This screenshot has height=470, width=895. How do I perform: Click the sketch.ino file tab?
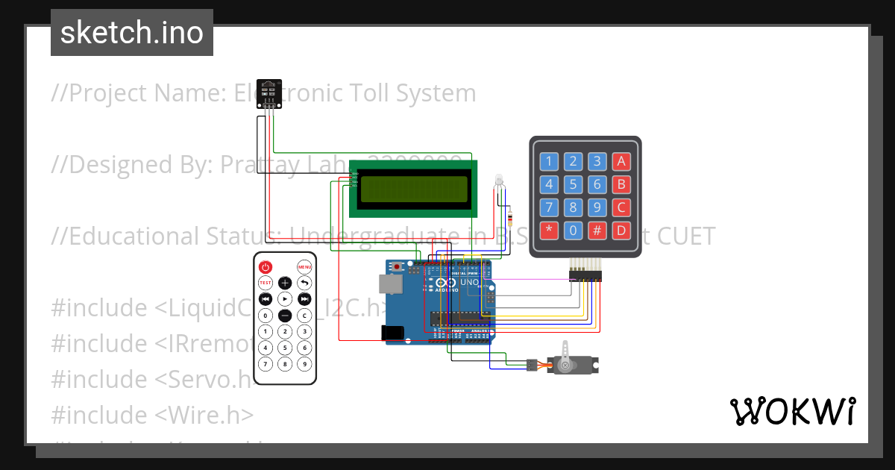point(132,33)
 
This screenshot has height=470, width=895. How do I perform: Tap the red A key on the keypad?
point(621,161)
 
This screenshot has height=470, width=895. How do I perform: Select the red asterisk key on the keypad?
point(549,230)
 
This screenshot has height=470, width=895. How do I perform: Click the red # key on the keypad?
point(597,230)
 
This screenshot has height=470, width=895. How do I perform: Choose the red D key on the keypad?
point(621,230)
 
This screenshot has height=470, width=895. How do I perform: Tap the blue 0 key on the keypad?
point(573,230)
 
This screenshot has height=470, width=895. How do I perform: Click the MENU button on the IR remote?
point(304,267)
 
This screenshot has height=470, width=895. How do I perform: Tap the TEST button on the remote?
point(265,283)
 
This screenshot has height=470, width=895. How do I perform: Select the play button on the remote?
point(285,298)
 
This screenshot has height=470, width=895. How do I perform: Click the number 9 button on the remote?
point(304,364)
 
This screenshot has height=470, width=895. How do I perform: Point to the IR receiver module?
point(269,93)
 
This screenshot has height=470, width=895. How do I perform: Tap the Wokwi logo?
point(792,411)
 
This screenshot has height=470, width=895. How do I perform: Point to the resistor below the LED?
point(509,217)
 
